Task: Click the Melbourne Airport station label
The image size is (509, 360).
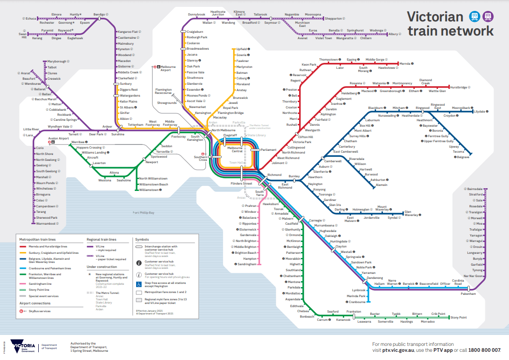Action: pyautogui.click(x=168, y=68)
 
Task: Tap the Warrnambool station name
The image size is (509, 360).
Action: pyautogui.click(x=46, y=224)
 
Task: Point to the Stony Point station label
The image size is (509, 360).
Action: pyautogui.click(x=458, y=318)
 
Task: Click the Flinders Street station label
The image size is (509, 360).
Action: pyautogui.click(x=241, y=184)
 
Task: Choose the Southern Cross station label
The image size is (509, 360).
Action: pyautogui.click(x=200, y=159)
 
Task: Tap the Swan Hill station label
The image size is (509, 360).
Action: pyautogui.click(x=22, y=35)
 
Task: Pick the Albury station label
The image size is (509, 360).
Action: pyautogui.click(x=393, y=34)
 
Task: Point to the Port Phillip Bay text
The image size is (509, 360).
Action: pyautogui.click(x=143, y=213)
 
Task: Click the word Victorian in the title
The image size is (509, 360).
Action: pyautogui.click(x=435, y=17)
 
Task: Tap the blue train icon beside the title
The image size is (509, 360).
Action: pyautogui.click(x=475, y=16)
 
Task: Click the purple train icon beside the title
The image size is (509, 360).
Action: pyautogui.click(x=488, y=16)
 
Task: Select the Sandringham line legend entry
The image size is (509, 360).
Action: pyautogui.click(x=41, y=283)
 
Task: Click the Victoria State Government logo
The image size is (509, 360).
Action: pyautogui.click(x=23, y=348)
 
